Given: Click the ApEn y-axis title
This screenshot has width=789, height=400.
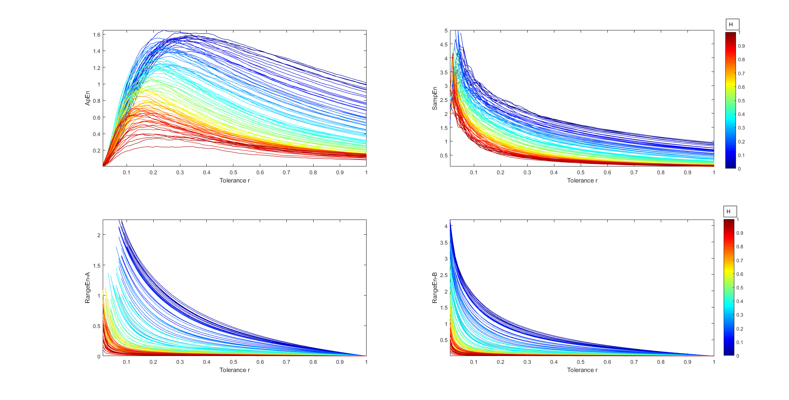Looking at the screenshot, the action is pyautogui.click(x=87, y=98).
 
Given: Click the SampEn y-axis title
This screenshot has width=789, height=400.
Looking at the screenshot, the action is pyautogui.click(x=434, y=98).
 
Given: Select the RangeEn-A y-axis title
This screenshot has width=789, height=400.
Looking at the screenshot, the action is pyautogui.click(x=87, y=288).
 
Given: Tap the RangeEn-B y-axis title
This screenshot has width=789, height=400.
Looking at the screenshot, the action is pyautogui.click(x=434, y=288).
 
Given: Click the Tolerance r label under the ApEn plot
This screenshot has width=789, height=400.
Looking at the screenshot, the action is pyautogui.click(x=235, y=180).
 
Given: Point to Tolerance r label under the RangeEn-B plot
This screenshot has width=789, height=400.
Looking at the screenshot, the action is pyautogui.click(x=582, y=370).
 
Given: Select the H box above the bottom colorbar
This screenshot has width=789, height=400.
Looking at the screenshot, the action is pyautogui.click(x=730, y=212).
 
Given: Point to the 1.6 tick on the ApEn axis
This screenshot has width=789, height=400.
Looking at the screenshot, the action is pyautogui.click(x=97, y=35).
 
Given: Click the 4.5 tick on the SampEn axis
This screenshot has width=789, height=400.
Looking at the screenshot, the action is pyautogui.click(x=444, y=44).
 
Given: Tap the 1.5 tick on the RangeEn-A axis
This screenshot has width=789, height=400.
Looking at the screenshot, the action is pyautogui.click(x=97, y=266).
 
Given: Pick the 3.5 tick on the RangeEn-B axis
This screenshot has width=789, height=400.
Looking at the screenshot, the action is pyautogui.click(x=444, y=243).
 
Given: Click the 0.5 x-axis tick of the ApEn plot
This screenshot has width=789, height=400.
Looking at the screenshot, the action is pyautogui.click(x=233, y=173).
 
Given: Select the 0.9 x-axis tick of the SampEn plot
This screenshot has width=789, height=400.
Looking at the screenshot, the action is pyautogui.click(x=687, y=173).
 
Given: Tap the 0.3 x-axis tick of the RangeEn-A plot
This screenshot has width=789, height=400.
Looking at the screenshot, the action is pyautogui.click(x=180, y=362).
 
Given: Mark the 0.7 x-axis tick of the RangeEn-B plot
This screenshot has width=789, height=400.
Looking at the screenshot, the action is pyautogui.click(x=634, y=362).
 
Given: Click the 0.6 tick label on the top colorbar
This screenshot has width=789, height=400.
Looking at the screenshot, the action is pyautogui.click(x=741, y=87).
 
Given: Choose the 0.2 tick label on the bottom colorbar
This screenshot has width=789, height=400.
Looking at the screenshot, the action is pyautogui.click(x=740, y=329).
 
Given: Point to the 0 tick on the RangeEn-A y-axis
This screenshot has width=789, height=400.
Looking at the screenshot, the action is pyautogui.click(x=99, y=356).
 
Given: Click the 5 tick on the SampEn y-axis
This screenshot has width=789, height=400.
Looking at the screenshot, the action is pyautogui.click(x=446, y=31).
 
